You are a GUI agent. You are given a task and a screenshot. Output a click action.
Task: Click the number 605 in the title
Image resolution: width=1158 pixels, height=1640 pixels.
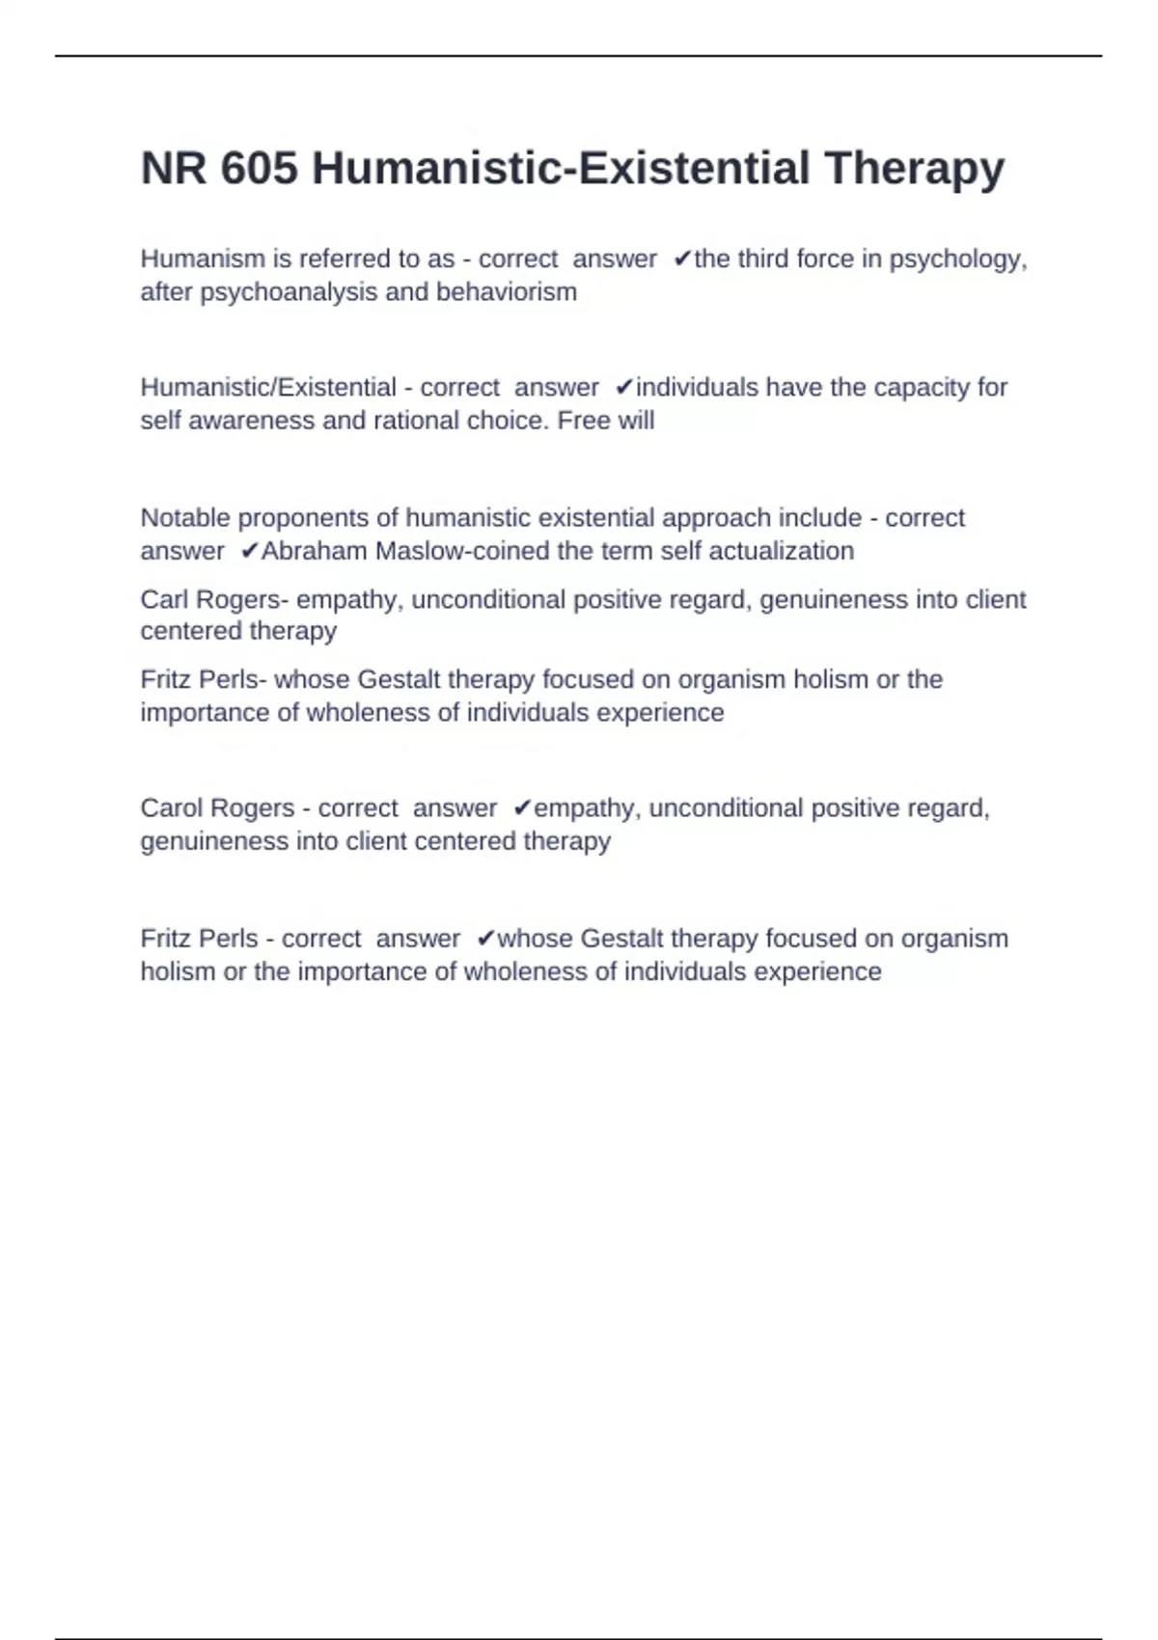pyautogui.click(x=259, y=169)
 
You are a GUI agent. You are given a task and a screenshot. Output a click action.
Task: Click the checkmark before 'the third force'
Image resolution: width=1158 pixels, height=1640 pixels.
pyautogui.click(x=682, y=259)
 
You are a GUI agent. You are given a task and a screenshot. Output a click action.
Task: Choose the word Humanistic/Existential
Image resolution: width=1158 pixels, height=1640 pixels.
pyautogui.click(x=268, y=387)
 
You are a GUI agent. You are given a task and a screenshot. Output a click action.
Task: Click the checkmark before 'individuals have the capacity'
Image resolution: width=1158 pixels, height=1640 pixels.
pyautogui.click(x=624, y=387)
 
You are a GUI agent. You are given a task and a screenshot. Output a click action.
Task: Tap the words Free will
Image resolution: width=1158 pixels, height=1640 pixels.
pyautogui.click(x=606, y=421)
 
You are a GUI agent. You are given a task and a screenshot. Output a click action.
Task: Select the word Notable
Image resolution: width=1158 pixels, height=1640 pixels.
pyautogui.click(x=185, y=518)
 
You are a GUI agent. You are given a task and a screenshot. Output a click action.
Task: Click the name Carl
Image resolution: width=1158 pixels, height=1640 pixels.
pyautogui.click(x=164, y=599)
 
